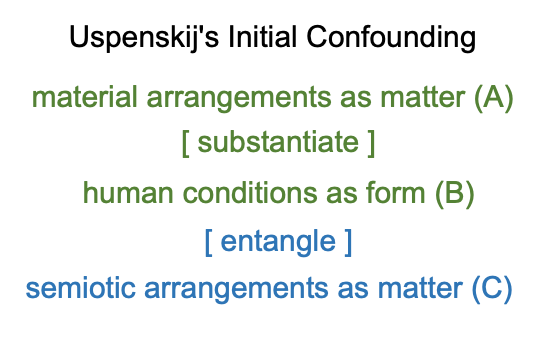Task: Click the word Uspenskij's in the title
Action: point(144,38)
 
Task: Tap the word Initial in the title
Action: point(262,37)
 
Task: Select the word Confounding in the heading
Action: point(391,38)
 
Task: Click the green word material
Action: point(84,97)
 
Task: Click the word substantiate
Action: point(278,142)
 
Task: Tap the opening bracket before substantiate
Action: point(185,144)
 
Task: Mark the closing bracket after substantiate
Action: point(371,144)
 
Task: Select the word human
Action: point(128,193)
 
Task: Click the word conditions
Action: point(250,193)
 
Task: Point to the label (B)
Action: point(455,194)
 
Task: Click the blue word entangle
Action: point(278,242)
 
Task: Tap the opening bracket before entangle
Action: point(208,243)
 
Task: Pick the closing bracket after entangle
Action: point(348,243)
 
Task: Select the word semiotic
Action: point(81,288)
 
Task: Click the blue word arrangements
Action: point(236,290)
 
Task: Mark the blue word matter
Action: point(420,289)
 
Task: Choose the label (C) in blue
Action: point(492,290)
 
